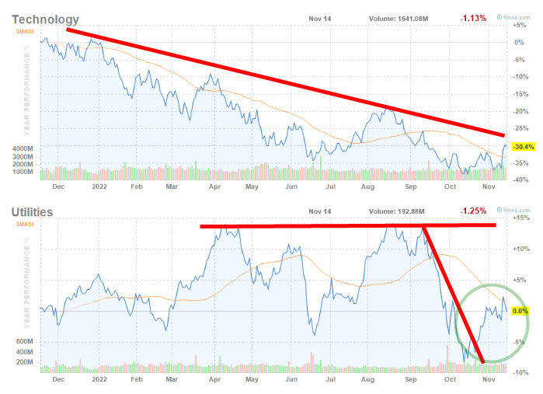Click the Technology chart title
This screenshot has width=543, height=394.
[x=46, y=19]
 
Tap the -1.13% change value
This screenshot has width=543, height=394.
[x=474, y=19]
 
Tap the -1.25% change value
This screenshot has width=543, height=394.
[x=474, y=211]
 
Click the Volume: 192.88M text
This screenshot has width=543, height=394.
[x=394, y=211]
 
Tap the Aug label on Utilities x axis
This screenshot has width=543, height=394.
[x=367, y=380]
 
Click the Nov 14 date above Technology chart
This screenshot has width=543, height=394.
[x=319, y=19]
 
